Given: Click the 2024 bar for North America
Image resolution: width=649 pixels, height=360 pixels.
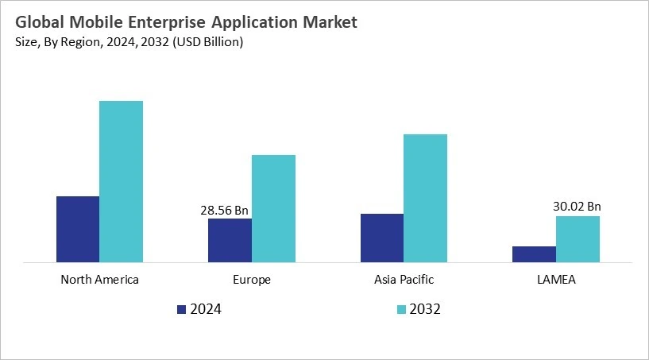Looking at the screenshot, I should pyautogui.click(x=78, y=229).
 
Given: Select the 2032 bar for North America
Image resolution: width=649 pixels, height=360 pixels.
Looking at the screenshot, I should pyautogui.click(x=121, y=181).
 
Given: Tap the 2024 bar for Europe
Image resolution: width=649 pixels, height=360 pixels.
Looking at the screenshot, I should pyautogui.click(x=230, y=240).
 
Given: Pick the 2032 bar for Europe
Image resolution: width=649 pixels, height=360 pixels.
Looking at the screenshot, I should pyautogui.click(x=273, y=208).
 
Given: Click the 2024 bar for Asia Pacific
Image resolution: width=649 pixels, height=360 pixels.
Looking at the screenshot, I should pyautogui.click(x=381, y=238).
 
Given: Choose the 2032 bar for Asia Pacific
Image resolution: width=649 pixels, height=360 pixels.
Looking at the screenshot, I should pyautogui.click(x=425, y=198).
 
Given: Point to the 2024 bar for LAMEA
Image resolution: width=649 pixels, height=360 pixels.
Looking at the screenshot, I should pyautogui.click(x=534, y=254).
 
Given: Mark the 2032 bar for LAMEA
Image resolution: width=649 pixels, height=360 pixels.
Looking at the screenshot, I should pyautogui.click(x=578, y=238).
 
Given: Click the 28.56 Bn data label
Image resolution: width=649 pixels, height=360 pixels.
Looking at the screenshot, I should pyautogui.click(x=225, y=211).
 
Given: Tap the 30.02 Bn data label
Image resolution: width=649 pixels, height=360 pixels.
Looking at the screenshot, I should pyautogui.click(x=578, y=207).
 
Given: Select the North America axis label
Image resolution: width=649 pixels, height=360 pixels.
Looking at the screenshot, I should pyautogui.click(x=99, y=280).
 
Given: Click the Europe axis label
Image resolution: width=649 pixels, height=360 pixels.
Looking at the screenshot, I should pyautogui.click(x=252, y=280).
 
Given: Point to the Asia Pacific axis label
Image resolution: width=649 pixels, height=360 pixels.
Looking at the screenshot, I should pyautogui.click(x=404, y=280).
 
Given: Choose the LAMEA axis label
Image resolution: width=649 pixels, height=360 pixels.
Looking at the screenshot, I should pyautogui.click(x=556, y=280).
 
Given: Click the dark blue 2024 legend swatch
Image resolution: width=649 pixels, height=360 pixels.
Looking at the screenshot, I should pyautogui.click(x=181, y=309).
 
